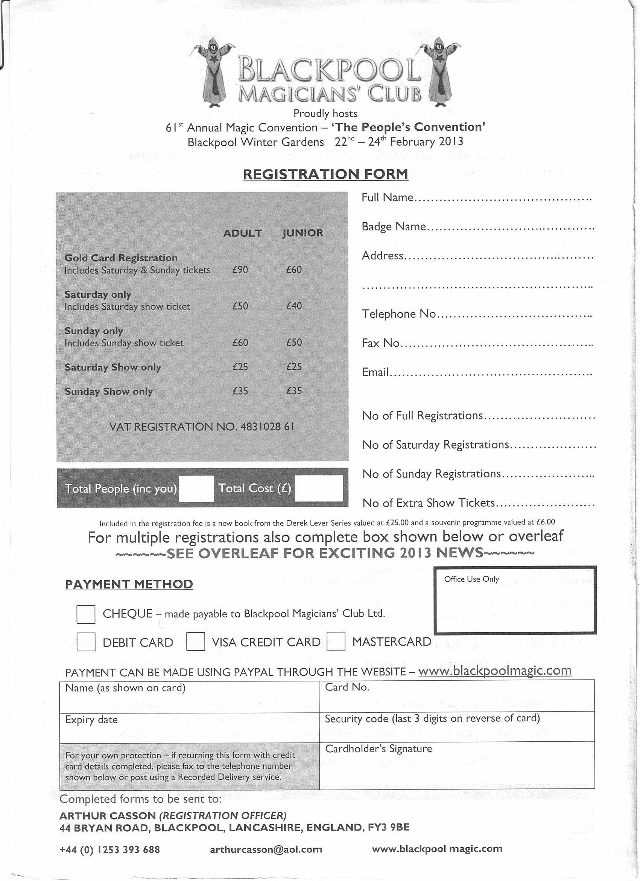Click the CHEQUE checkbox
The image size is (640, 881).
point(86,614)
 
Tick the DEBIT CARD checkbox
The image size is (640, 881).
point(86,642)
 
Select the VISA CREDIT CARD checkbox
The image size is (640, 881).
point(196,641)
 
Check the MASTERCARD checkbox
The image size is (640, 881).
point(336,641)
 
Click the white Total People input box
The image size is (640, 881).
point(196,488)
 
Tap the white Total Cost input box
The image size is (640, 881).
point(319,488)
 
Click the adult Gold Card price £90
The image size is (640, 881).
point(240,270)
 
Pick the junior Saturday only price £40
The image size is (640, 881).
point(294,306)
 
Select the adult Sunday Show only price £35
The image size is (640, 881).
point(240,391)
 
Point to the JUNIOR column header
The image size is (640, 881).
point(303,233)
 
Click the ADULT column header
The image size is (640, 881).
point(243,233)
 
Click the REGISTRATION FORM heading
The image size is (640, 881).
point(325,174)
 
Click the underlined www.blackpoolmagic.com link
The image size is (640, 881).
point(495,670)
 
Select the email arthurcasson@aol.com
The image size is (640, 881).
point(266,849)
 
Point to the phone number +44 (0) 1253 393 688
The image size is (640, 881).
point(109,849)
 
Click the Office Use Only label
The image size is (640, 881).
point(471,579)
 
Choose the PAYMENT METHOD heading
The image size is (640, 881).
point(129,584)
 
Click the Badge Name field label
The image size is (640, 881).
point(394,227)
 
